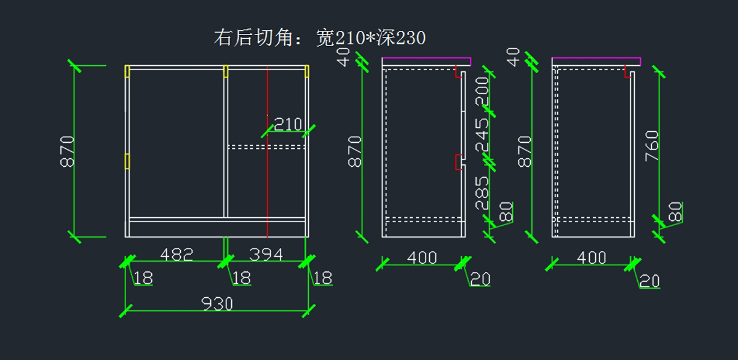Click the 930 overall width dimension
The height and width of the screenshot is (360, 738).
217,303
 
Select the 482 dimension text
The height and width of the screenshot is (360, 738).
177,254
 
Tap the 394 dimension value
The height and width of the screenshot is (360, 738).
266,254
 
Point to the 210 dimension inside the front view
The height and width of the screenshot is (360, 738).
287,125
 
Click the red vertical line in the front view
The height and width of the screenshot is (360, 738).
268,185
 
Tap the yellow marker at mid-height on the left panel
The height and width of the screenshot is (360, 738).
127,161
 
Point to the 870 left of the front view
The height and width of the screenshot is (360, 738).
67,151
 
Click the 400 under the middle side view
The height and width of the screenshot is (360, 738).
422,258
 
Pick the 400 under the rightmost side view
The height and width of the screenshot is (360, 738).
592,258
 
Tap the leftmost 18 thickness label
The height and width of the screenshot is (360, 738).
143,279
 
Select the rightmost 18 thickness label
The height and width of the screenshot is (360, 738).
322,279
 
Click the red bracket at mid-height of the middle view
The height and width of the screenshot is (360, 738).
457,162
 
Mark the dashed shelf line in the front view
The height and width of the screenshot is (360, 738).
266,146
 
